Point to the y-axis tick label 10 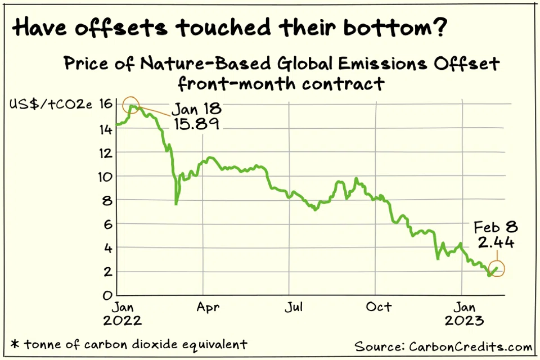105,176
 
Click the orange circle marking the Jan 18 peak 133,105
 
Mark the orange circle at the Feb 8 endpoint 496,269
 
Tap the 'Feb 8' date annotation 495,227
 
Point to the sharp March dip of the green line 176,203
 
